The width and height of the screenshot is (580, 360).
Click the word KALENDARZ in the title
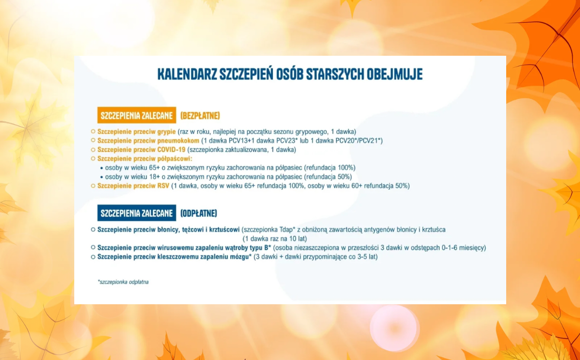(187, 74)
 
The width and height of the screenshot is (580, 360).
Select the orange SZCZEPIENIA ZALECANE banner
(137, 115)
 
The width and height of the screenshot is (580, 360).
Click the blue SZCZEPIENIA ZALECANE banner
(137, 213)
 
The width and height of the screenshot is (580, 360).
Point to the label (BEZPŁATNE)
(200, 115)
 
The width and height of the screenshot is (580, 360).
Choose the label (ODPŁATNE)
(199, 213)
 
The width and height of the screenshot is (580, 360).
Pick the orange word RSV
(163, 186)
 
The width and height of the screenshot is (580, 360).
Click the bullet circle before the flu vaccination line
(93, 131)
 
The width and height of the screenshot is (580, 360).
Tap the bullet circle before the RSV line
(93, 186)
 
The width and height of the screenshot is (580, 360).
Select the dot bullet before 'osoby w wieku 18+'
(101, 177)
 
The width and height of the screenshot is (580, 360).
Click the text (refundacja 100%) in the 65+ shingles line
(330, 168)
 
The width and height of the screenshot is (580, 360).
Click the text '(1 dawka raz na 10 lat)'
(275, 239)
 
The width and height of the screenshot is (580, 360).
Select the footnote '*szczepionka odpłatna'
(123, 282)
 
